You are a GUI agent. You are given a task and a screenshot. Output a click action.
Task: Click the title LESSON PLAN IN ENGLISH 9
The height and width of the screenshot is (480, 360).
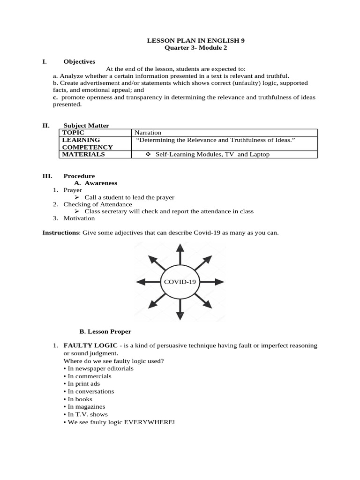[x=196, y=41]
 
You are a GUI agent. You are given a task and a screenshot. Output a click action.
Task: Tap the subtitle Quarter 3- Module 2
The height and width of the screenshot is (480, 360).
[x=196, y=48]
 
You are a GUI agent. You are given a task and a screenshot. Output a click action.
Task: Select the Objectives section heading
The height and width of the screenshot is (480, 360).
[x=79, y=61]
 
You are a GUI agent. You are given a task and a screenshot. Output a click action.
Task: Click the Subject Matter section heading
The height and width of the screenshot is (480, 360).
[x=86, y=126]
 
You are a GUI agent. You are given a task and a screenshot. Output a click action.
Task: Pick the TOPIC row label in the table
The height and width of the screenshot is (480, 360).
[x=73, y=133]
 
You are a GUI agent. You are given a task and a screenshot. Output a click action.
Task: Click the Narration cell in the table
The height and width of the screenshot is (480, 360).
[x=148, y=133]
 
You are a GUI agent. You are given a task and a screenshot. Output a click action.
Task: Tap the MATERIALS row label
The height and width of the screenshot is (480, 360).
[x=83, y=154]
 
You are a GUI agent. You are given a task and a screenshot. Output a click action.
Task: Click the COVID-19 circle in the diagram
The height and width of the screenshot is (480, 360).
[x=180, y=282]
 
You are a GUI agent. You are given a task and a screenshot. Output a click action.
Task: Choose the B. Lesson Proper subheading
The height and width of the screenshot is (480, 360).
[x=105, y=331]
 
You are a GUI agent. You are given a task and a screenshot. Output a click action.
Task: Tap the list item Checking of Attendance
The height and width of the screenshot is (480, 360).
[x=97, y=204]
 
